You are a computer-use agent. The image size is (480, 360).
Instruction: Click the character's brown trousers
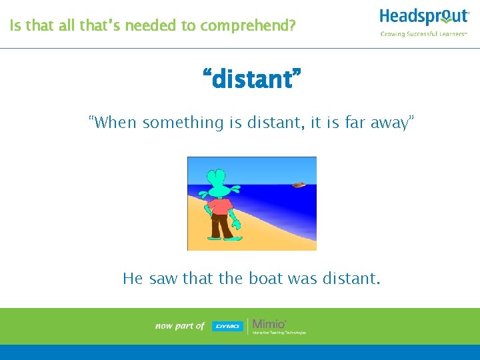[x=220, y=227]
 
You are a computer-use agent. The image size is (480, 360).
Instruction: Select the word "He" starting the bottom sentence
[x=133, y=278]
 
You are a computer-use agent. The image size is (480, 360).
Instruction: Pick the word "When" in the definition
[x=114, y=122]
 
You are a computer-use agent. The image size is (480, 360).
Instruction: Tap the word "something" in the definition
[x=174, y=122]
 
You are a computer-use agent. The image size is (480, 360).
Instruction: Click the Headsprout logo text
[x=424, y=17]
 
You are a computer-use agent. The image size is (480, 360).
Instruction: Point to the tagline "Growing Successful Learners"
[x=424, y=34]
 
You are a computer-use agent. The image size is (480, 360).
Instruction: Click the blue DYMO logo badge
[x=227, y=326]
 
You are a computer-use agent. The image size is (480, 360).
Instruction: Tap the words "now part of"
[x=179, y=326]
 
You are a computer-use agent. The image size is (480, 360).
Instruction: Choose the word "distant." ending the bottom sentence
[x=353, y=278]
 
